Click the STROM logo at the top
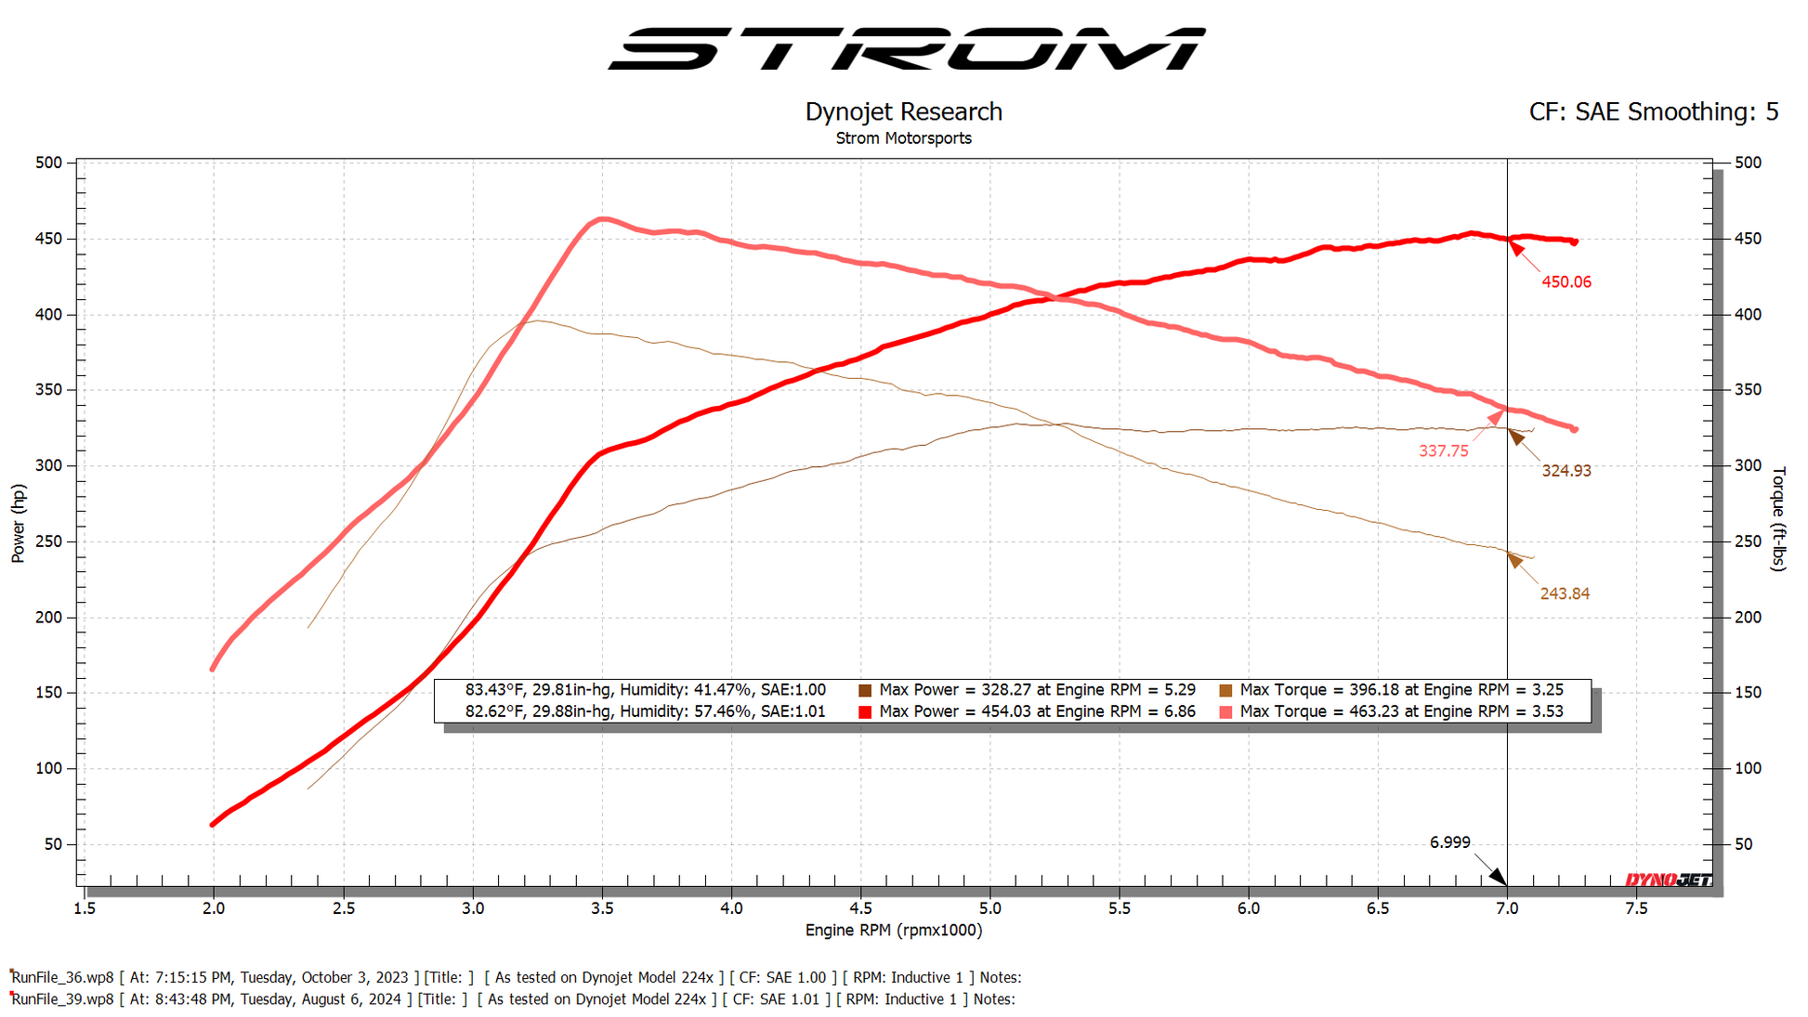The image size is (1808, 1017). [906, 48]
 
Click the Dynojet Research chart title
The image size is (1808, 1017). [903, 112]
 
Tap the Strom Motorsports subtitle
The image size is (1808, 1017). [903, 138]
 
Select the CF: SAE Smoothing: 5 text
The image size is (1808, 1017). [1653, 112]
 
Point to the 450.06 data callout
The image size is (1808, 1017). [1566, 282]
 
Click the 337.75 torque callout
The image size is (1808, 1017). [1443, 451]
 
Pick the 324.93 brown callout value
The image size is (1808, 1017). [1566, 471]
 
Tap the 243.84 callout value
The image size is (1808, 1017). [1564, 594]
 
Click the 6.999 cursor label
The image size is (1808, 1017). [1449, 842]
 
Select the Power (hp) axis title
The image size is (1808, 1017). [19, 524]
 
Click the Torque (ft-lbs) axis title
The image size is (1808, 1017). [1778, 518]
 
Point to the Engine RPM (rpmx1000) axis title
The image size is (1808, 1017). [893, 931]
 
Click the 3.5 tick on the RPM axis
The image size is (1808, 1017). [602, 908]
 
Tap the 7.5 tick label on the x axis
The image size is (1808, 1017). [1636, 908]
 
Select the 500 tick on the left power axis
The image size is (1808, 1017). [48, 163]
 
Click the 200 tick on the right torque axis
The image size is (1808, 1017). [1747, 618]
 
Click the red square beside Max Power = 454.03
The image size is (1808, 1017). [865, 712]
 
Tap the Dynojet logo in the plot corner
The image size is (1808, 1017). [1668, 880]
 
